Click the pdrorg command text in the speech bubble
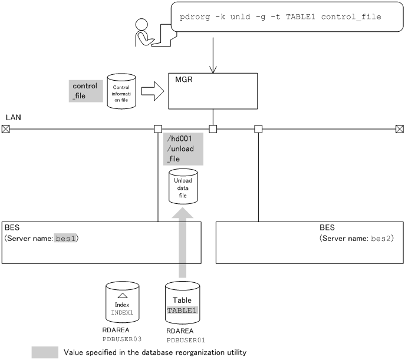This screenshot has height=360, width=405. click(280, 17)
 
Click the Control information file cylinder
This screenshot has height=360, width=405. click(121, 91)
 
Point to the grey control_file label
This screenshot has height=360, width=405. click(84, 91)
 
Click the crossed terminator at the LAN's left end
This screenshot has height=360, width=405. click(5, 128)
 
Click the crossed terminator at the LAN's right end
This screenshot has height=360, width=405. click(400, 128)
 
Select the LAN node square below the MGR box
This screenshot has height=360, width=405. click(213, 128)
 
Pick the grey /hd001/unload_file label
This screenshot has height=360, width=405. click(183, 148)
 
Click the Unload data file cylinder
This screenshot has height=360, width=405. click(183, 187)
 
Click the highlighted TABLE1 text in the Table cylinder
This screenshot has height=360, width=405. click(183, 310)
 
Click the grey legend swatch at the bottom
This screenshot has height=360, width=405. click(45, 352)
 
